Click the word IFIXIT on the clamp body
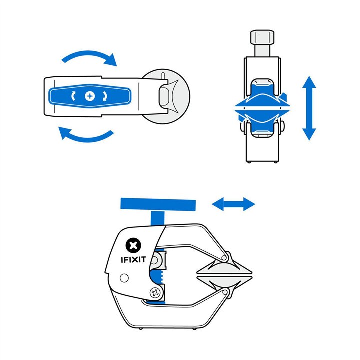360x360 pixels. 133,259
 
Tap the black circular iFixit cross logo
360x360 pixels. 133,245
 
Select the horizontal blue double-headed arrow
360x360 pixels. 234,203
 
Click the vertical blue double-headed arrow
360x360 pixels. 309,108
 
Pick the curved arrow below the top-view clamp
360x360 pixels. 86,135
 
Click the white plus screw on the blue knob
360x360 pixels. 90,95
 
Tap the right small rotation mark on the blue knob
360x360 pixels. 105,95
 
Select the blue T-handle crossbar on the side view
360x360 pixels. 157,204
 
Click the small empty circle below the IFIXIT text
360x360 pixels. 124,278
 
